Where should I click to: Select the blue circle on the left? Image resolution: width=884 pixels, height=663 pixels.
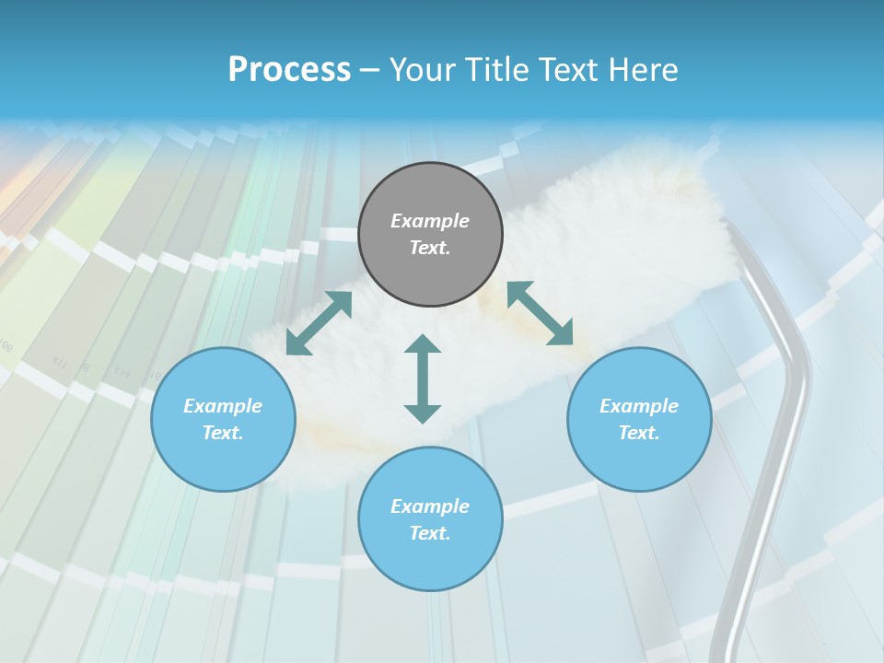pyautogui.click(x=223, y=419)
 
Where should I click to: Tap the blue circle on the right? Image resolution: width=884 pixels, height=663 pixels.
pyautogui.click(x=639, y=419)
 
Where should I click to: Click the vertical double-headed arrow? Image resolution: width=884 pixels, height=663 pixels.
pyautogui.click(x=423, y=378)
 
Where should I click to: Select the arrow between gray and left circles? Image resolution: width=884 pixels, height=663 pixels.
pyautogui.click(x=320, y=322)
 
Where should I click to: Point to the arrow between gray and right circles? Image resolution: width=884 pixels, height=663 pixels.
pyautogui.click(x=540, y=313)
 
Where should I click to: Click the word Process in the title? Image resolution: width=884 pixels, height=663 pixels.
pyautogui.click(x=289, y=70)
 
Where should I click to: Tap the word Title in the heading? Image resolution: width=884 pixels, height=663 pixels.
pyautogui.click(x=498, y=70)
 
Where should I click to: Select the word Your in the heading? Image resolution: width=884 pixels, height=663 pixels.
pyautogui.click(x=423, y=70)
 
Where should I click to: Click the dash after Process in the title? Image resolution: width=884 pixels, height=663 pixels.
pyautogui.click(x=370, y=71)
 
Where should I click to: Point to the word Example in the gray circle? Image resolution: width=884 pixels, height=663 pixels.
pyautogui.click(x=430, y=221)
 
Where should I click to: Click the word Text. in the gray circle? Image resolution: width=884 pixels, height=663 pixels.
pyautogui.click(x=430, y=248)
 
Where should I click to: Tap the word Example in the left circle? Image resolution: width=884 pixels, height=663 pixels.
pyautogui.click(x=223, y=406)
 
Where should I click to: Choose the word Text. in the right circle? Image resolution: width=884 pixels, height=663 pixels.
pyautogui.click(x=639, y=433)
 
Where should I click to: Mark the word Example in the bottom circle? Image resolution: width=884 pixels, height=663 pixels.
pyautogui.click(x=430, y=506)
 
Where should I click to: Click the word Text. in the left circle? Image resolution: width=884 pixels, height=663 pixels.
pyautogui.click(x=223, y=433)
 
